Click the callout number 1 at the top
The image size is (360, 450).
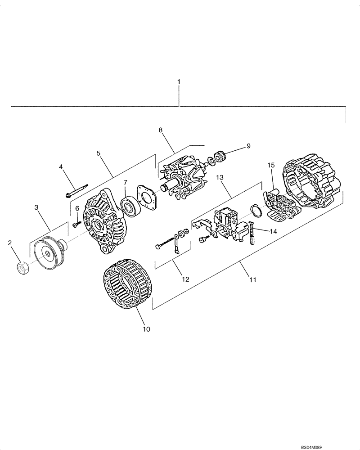pos(179,82)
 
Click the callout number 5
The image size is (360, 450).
pos(98,153)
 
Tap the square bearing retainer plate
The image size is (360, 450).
pos(147,197)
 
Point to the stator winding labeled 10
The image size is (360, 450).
pos(127,284)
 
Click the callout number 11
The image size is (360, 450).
pos(253,280)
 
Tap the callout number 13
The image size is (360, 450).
pos(220,178)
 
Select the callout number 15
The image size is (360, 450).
pos(271,166)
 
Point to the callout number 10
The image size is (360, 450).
pos(146,329)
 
